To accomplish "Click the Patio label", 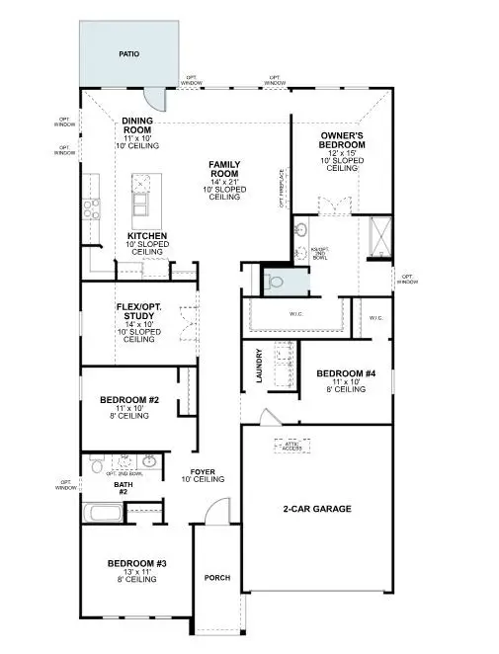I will click(126, 55).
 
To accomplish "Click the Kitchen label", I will click(146, 237).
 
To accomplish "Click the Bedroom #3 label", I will click(136, 563).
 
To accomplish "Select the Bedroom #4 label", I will click(342, 374).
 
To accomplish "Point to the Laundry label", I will click(260, 366).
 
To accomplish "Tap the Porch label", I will click(216, 578).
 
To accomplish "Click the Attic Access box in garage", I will click(292, 447).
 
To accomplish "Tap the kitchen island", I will click(143, 198).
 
